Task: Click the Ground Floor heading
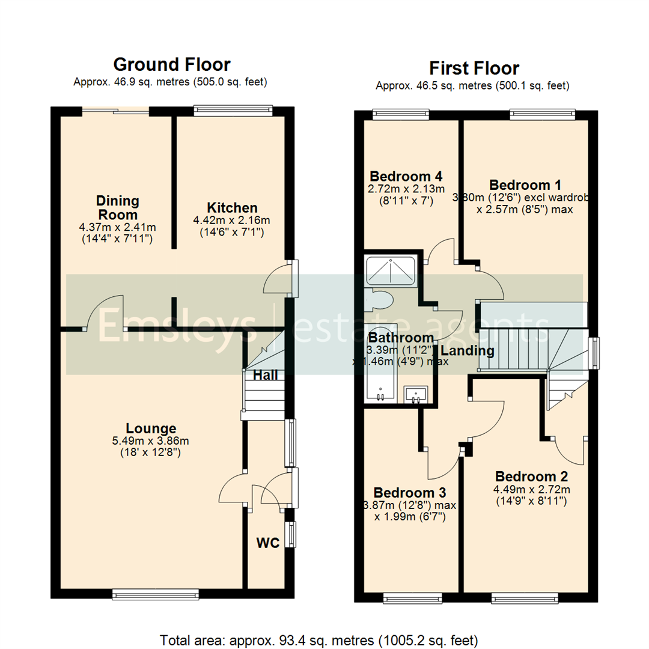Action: click(172, 64)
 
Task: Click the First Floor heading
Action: click(474, 68)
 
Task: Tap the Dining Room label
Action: click(117, 207)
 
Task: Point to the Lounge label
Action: click(151, 428)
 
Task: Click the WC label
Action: click(268, 543)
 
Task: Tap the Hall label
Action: click(264, 376)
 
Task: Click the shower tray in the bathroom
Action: click(391, 271)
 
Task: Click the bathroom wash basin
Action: click(415, 394)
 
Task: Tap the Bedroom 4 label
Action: click(406, 177)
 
